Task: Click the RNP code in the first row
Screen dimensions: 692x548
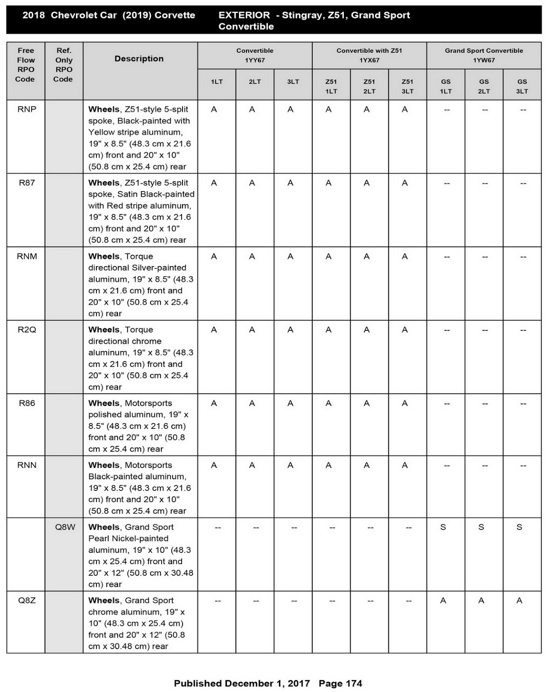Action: tap(27, 109)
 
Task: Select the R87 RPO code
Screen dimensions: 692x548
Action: tap(27, 183)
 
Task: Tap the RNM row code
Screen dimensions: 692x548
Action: tap(27, 256)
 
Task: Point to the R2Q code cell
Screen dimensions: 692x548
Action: tap(27, 330)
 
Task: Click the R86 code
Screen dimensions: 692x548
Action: tap(27, 404)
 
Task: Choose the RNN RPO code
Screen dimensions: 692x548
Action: tap(27, 465)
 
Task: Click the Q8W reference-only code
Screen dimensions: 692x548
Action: tap(65, 527)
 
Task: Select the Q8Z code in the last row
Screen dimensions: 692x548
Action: tap(27, 601)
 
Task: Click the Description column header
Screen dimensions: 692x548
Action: tap(139, 59)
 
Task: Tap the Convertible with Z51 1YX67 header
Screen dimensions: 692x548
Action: tap(369, 55)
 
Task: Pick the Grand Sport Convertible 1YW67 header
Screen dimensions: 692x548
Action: tap(484, 55)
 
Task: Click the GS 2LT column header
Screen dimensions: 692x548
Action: tap(484, 86)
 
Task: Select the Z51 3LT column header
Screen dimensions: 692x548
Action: tap(407, 86)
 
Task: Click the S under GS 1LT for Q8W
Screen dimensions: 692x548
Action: tap(443, 527)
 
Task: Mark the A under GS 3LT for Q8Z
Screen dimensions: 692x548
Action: tap(519, 601)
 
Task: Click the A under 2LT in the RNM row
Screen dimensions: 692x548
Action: tap(252, 256)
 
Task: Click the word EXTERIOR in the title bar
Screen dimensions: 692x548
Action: tap(244, 15)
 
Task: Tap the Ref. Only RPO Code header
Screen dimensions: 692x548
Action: tap(64, 65)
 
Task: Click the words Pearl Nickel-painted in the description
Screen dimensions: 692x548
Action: tap(128, 539)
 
